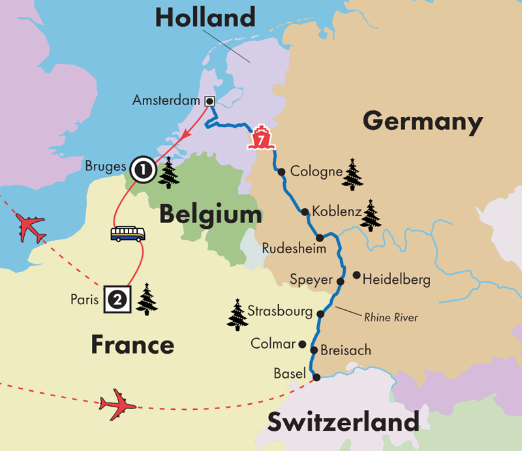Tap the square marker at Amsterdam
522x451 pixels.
tap(209, 101)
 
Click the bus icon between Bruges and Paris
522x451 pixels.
tap(128, 234)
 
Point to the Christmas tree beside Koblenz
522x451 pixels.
tap(371, 215)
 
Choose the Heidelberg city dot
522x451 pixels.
tap(356, 275)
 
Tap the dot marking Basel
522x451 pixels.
tap(316, 377)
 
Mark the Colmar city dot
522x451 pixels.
tap(302, 344)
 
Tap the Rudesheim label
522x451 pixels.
tap(288, 248)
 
